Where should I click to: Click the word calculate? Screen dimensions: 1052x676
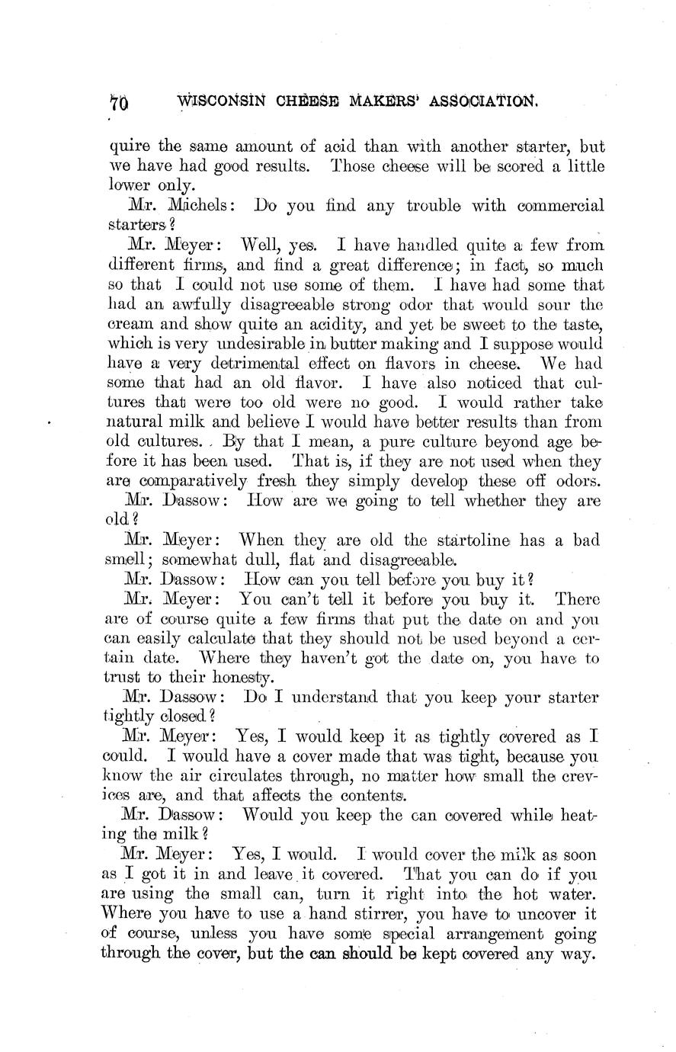[216, 619]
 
